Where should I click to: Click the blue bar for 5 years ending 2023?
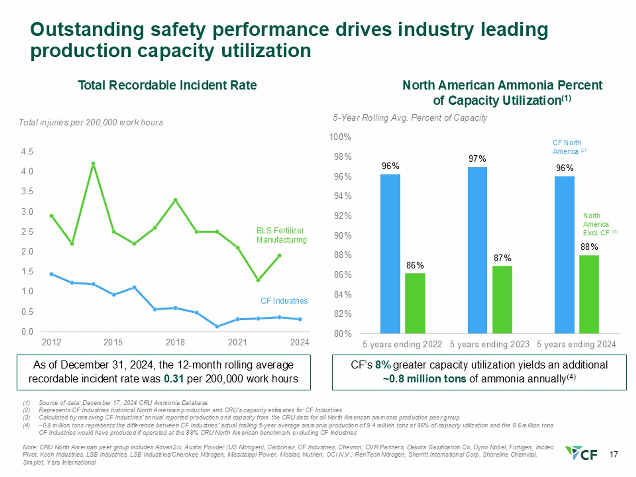[x=477, y=250]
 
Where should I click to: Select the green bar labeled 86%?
[x=415, y=303]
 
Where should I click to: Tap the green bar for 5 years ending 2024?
[x=589, y=294]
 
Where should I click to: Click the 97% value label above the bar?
[x=477, y=159]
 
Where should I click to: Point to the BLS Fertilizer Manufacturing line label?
[x=281, y=235]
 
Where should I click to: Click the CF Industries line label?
[x=284, y=301]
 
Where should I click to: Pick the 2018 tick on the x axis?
[x=175, y=342]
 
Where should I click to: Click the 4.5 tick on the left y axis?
[x=27, y=152]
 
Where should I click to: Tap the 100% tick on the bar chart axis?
[x=340, y=137]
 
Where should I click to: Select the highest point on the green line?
[x=93, y=164]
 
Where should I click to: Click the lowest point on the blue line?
[x=217, y=326]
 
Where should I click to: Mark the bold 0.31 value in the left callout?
[x=173, y=379]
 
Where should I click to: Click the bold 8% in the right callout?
[x=383, y=365]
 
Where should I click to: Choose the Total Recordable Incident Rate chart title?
[x=167, y=85]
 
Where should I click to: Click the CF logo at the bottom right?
[x=582, y=453]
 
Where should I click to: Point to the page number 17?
[x=613, y=455]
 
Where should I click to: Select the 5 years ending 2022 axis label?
[x=402, y=344]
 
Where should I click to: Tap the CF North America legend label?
[x=566, y=147]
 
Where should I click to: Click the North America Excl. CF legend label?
[x=596, y=224]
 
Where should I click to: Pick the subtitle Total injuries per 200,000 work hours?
[x=91, y=123]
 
